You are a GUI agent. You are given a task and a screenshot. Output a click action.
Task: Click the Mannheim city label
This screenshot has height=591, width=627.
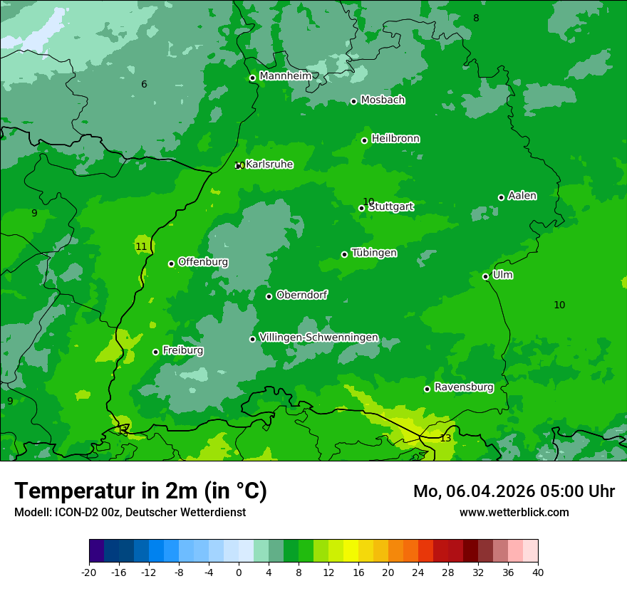point(285,76)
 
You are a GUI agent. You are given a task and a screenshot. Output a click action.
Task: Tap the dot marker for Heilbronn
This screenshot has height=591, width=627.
point(364,140)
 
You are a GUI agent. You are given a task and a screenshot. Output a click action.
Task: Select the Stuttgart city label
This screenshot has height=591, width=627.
point(391,207)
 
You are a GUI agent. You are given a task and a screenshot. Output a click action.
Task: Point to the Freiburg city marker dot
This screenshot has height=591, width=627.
point(155,352)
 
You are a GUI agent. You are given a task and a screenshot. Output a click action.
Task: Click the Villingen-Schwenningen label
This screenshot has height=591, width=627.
point(318,338)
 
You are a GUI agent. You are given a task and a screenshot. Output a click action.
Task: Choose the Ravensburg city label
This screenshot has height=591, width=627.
point(464,387)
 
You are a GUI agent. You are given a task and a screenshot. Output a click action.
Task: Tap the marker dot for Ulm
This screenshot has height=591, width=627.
point(485,276)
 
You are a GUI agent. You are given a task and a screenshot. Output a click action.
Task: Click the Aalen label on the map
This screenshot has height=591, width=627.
point(522,196)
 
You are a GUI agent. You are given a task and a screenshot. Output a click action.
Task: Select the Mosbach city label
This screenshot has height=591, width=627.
point(383,100)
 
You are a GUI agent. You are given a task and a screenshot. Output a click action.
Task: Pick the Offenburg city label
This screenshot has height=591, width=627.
point(203,262)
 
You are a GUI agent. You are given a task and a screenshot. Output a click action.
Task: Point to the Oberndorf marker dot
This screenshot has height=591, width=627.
point(269,296)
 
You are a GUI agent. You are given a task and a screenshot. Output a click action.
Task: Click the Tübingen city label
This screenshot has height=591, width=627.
point(374,253)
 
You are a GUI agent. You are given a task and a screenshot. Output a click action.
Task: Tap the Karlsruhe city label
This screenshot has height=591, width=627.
point(269,164)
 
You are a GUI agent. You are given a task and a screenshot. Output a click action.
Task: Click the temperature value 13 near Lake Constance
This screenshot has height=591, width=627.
point(445,438)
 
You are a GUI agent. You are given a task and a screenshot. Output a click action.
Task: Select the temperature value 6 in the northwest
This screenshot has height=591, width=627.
point(144,85)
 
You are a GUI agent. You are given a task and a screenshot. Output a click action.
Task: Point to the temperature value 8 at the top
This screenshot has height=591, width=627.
point(476,18)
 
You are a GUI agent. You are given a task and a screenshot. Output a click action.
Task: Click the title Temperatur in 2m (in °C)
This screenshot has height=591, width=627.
point(140,491)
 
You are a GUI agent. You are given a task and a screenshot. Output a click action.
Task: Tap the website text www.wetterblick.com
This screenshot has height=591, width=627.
point(514,512)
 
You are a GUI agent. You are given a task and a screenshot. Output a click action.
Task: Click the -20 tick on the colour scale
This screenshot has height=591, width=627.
point(89,572)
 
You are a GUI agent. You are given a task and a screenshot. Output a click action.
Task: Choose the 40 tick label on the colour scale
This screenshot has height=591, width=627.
point(538,572)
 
